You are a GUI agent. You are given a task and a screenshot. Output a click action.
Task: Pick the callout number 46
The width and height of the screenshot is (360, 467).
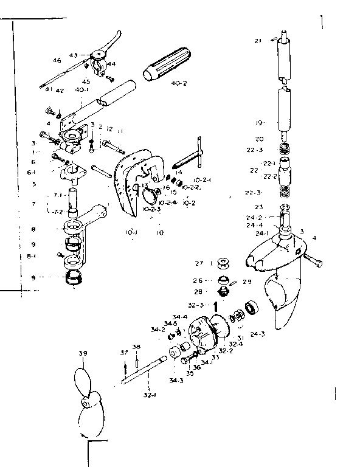[57, 60]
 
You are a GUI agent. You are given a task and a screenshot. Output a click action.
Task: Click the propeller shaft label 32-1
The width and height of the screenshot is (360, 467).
[148, 395]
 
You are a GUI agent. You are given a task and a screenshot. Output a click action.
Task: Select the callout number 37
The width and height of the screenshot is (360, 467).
[123, 352]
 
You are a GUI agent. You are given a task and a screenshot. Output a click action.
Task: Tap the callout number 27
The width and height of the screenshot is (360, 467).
[199, 263]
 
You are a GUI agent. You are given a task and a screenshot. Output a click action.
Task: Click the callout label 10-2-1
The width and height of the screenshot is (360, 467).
[202, 180]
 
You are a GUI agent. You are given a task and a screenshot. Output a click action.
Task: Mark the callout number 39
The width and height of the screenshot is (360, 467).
[83, 353]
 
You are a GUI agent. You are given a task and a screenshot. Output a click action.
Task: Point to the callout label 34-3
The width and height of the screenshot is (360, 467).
[176, 381]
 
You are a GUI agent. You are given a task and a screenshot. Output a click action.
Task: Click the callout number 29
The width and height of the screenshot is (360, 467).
[247, 282]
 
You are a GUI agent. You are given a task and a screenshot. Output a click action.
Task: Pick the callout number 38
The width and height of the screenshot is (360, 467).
[136, 347]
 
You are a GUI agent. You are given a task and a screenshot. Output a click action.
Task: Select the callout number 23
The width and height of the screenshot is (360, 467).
[258, 207]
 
